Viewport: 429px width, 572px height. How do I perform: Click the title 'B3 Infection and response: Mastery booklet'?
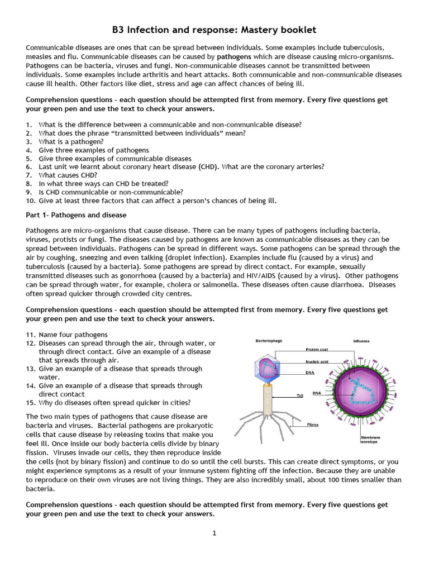[214, 30]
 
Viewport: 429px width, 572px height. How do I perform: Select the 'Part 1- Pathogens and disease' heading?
[76, 214]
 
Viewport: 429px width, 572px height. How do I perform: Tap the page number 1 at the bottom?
[214, 533]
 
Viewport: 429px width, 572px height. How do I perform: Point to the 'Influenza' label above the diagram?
[361, 341]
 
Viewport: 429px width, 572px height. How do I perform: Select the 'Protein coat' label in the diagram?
[316, 350]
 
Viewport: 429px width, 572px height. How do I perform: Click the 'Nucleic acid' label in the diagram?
[317, 361]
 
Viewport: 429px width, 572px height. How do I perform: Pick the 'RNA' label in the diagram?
[317, 393]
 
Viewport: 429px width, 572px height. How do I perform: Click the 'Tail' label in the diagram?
[300, 395]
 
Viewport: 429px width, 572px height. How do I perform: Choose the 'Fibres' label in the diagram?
[313, 425]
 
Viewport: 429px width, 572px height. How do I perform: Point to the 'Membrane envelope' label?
[371, 439]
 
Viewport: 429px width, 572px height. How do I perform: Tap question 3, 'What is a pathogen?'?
[71, 142]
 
